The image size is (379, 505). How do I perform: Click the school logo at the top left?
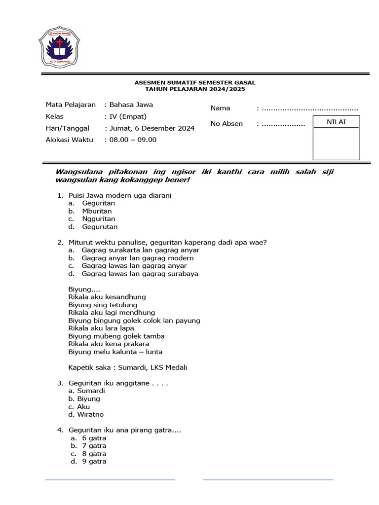tap(60, 47)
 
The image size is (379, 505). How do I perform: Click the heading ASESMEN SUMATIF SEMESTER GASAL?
tap(195, 82)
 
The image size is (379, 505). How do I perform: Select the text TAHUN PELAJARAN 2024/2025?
tap(195, 89)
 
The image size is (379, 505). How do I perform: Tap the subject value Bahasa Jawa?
tap(131, 105)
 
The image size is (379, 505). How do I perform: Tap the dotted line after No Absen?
tap(283, 124)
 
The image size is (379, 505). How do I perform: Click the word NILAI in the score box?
tap(336, 122)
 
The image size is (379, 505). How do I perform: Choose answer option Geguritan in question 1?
tap(99, 203)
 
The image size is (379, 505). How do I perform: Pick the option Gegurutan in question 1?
tap(100, 227)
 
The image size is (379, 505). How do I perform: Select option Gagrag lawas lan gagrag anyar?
tap(134, 266)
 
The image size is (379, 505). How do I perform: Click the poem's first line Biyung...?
tap(84, 289)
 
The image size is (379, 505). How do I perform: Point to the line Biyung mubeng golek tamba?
tap(116, 336)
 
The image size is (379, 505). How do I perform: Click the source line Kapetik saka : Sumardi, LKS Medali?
tap(128, 367)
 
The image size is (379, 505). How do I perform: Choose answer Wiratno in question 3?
tap(90, 415)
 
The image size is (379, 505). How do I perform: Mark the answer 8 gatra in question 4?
tap(94, 454)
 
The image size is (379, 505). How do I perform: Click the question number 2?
tap(60, 242)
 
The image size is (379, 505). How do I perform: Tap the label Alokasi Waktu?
tap(69, 140)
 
